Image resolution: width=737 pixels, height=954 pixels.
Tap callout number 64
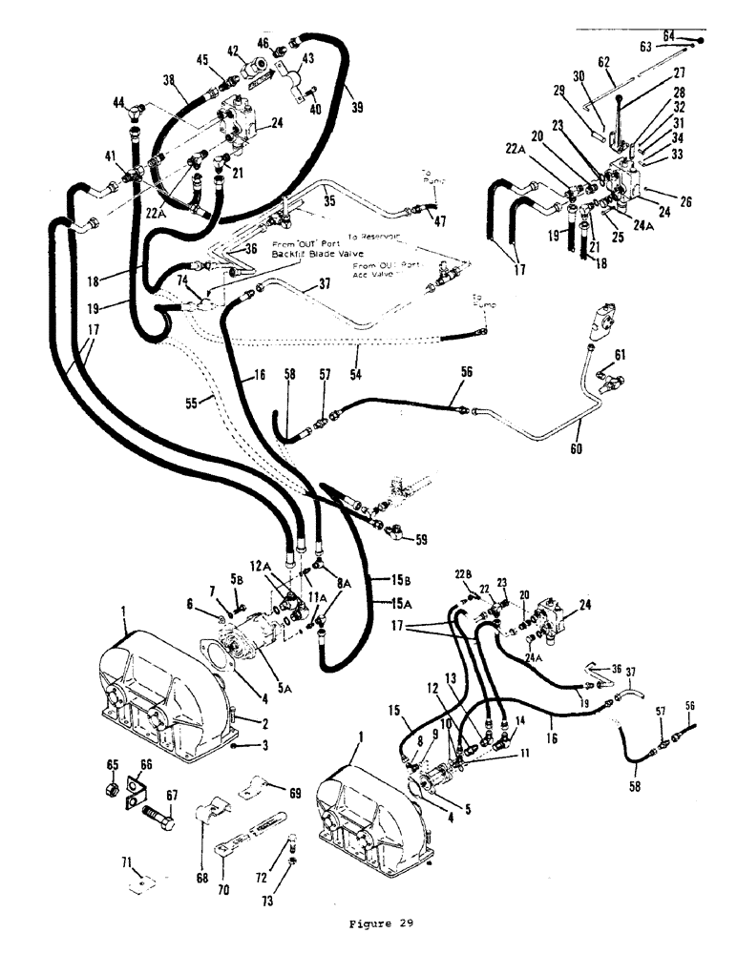669,35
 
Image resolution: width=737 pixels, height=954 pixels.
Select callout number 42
234,50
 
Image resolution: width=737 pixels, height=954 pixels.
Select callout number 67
173,796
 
